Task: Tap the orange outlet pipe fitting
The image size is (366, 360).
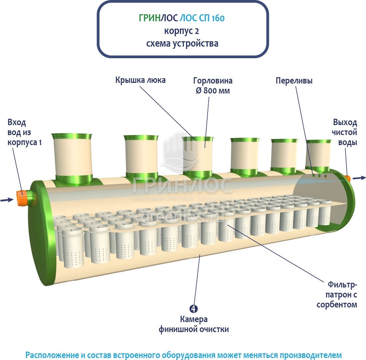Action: (348, 179)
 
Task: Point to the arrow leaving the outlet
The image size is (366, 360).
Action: (359, 178)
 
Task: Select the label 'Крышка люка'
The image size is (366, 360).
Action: (140, 80)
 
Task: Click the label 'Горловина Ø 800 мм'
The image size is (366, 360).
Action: (213, 86)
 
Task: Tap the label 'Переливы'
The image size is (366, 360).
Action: (294, 81)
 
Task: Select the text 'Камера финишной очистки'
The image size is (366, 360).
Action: (194, 324)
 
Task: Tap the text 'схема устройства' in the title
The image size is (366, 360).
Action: (182, 44)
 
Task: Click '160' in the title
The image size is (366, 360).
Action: (218, 18)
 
